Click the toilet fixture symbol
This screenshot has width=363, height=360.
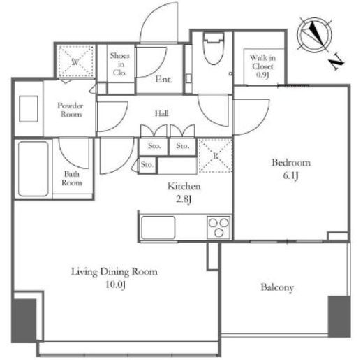pos(214,48)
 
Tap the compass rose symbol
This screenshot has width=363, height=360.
pos(315,36)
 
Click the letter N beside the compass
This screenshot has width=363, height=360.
pos(336,62)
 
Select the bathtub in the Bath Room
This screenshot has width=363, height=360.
pos(34,169)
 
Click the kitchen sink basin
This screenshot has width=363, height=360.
pos(158,228)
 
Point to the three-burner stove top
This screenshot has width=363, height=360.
pos(218,228)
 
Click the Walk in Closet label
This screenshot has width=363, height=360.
pos(262,66)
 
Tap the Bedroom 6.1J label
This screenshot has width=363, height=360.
pos(291,169)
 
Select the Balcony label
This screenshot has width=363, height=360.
pos(277,287)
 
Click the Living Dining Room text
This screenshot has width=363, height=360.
pos(114,272)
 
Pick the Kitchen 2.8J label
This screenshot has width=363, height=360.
pos(184,192)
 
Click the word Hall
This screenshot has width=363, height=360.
pos(162,113)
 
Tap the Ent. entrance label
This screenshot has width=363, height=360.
pos(164,80)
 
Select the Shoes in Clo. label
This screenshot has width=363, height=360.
pos(120,64)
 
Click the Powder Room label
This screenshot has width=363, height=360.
pos(71,110)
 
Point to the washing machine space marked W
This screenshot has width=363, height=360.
pos(75,62)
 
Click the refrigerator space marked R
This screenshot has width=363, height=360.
pos(216,156)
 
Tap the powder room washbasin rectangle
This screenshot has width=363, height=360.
pos(29,109)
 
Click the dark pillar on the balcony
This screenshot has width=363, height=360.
pos(339,317)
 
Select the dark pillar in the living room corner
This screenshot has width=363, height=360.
pos(24,320)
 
